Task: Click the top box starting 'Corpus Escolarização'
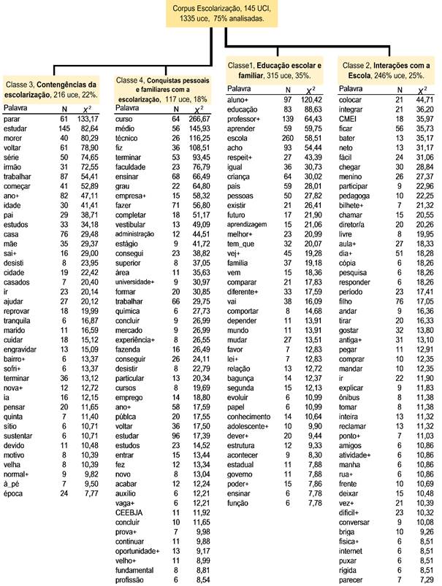[x=221, y=15]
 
